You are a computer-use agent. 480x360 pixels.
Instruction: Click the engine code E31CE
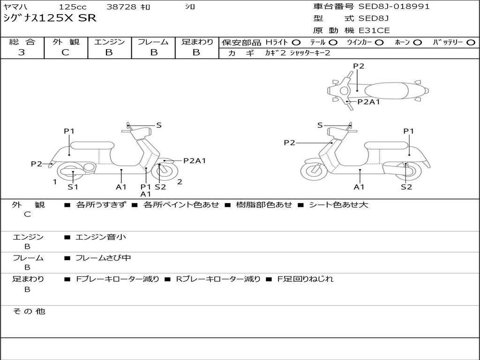point(375,30)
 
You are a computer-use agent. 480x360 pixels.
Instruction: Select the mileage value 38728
point(121,7)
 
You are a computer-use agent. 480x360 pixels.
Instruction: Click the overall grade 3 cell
point(22,52)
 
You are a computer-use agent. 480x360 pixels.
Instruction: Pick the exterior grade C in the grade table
point(65,52)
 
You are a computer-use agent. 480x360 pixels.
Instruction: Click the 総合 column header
point(22,42)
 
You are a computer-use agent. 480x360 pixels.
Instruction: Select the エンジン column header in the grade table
point(109,42)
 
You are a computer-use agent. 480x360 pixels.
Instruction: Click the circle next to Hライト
point(297,42)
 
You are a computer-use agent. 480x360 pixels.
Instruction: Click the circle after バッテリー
point(472,42)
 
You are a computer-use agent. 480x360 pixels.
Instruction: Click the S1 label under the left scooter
point(73,187)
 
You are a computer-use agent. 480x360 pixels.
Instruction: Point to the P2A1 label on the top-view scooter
point(368,101)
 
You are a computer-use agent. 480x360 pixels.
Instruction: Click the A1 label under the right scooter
point(359,187)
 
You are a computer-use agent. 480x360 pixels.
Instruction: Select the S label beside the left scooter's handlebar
point(159,125)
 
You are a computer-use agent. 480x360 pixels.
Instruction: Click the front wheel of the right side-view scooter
point(314,171)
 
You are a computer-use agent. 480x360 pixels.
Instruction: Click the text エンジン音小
point(101,237)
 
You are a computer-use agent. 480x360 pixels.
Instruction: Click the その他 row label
point(28,311)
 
